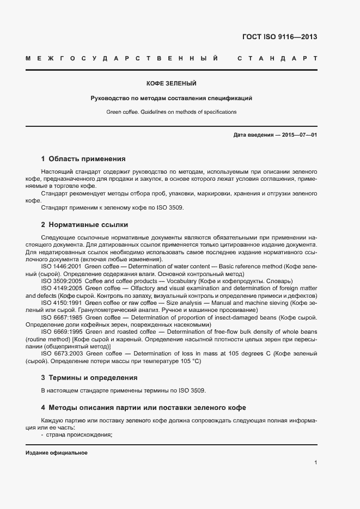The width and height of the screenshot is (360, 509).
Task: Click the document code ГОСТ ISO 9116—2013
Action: pos(279,38)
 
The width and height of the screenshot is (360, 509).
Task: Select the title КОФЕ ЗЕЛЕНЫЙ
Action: pos(171,83)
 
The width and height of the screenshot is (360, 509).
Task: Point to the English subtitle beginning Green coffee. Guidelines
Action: pos(171,112)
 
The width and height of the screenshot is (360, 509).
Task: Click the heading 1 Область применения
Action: pos(83,159)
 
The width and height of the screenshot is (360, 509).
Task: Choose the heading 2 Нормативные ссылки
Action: pos(84,224)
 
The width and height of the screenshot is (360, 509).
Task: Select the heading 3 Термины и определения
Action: pos(89,377)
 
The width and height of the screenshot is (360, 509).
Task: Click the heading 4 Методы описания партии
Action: pos(143,407)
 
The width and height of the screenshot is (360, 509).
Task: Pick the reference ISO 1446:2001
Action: pos(61,266)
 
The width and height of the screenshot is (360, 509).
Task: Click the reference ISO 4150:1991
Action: pos(61,302)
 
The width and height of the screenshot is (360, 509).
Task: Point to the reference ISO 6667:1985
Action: pos(61,317)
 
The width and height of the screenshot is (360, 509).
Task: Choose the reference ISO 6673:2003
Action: pos(61,353)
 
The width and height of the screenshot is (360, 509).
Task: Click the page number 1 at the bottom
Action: pos(315,462)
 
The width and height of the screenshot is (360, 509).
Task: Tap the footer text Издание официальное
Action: pos(56,453)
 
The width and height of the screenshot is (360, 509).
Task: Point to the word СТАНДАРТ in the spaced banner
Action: pos(277,58)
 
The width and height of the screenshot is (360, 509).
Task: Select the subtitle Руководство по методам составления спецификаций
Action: pos(171,98)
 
